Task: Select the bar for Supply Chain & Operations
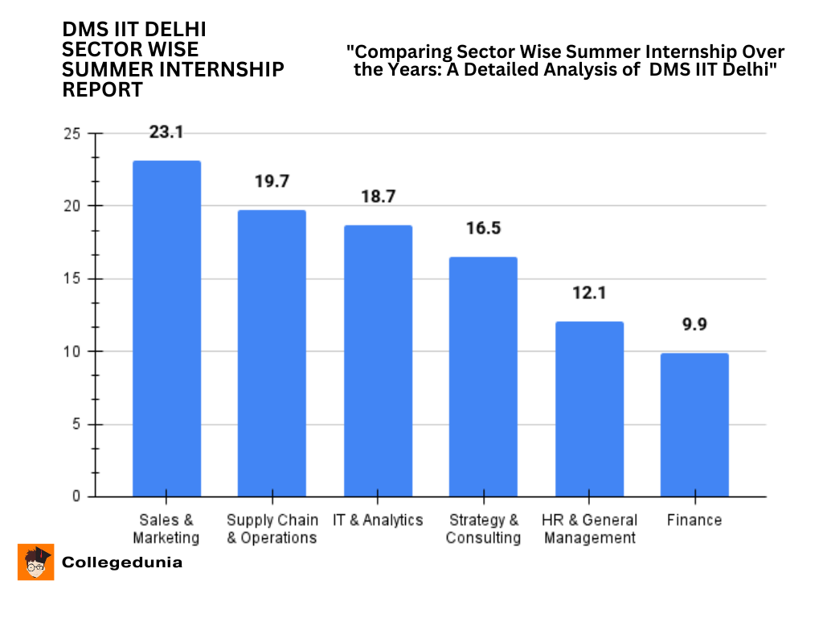(x=272, y=353)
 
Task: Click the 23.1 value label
(x=166, y=132)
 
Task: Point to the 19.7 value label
(x=272, y=181)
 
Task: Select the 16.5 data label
(x=483, y=228)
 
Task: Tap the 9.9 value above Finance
(x=694, y=324)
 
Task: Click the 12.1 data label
(x=589, y=292)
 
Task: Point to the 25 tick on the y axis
(x=72, y=134)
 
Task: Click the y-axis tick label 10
(x=72, y=352)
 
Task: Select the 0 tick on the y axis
(x=76, y=497)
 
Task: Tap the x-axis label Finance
(x=694, y=520)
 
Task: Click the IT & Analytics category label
(x=378, y=520)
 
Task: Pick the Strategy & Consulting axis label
(x=483, y=529)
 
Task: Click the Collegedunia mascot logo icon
(x=35, y=562)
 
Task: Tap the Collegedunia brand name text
(x=122, y=562)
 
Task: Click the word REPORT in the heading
(x=102, y=89)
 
